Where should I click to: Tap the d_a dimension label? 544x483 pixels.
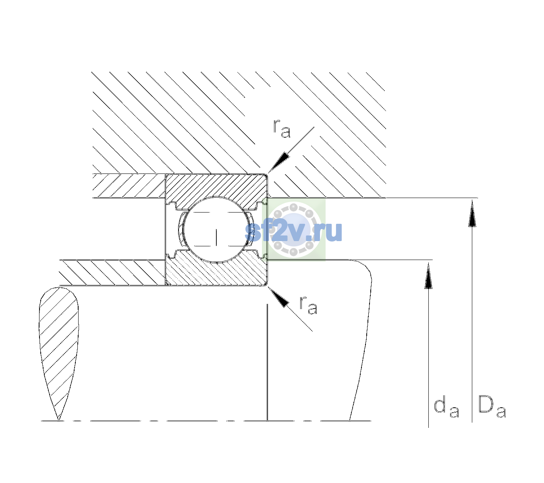[x=446, y=408]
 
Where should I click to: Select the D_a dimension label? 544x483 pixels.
[x=492, y=406]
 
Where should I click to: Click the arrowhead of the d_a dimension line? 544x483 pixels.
[x=428, y=276]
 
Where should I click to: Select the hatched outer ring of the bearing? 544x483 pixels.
[x=216, y=191]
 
